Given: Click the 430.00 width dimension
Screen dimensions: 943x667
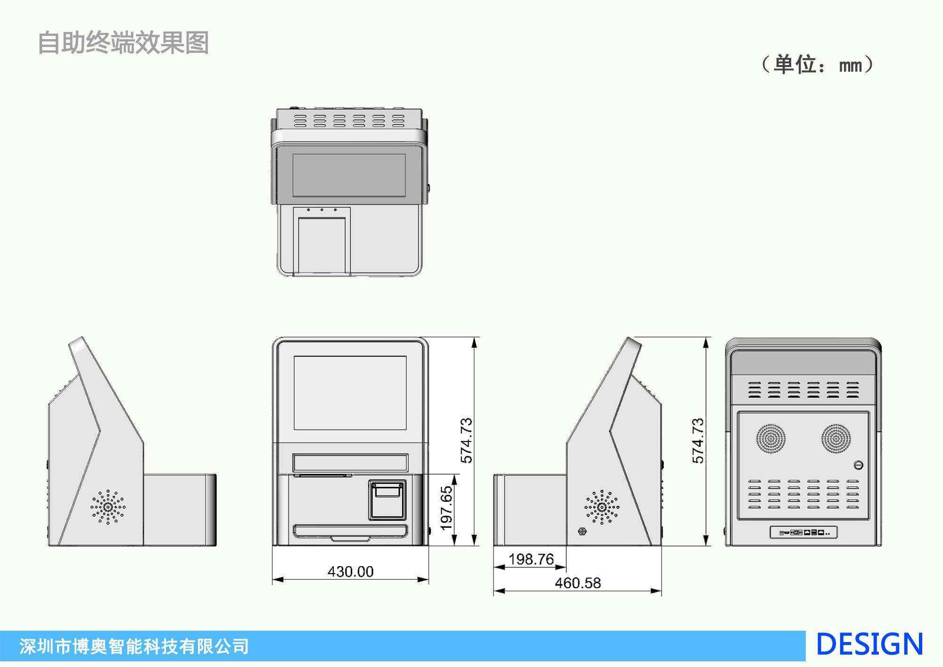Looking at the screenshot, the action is coord(350,572).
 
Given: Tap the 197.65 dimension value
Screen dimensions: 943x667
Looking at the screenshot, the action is coord(446,508).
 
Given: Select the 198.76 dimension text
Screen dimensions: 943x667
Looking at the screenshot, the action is coord(531,559).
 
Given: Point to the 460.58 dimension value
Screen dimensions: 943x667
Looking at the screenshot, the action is coord(578,583).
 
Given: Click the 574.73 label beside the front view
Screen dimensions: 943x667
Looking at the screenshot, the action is coord(466,441).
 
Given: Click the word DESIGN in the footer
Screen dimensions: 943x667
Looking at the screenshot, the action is coord(869,644).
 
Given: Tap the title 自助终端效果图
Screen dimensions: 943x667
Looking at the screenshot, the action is coord(123,43).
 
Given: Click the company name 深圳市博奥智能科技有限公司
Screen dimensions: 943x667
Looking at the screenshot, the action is coord(134,646).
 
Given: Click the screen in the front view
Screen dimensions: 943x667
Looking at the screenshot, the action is coord(350,393).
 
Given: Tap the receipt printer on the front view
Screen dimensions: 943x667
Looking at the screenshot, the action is coord(387,500).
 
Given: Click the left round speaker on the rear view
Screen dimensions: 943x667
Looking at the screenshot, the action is coord(771,439).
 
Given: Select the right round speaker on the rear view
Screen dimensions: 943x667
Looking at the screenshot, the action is coord(836,439).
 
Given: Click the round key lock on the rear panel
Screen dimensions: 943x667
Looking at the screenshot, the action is coord(858,465).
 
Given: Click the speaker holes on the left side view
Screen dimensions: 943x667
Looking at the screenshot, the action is coord(108,507).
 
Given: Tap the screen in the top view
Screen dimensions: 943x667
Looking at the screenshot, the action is coord(349,175).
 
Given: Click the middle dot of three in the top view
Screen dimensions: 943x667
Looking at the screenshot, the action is coord(322,210).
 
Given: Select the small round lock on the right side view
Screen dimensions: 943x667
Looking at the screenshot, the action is coord(582,532).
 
